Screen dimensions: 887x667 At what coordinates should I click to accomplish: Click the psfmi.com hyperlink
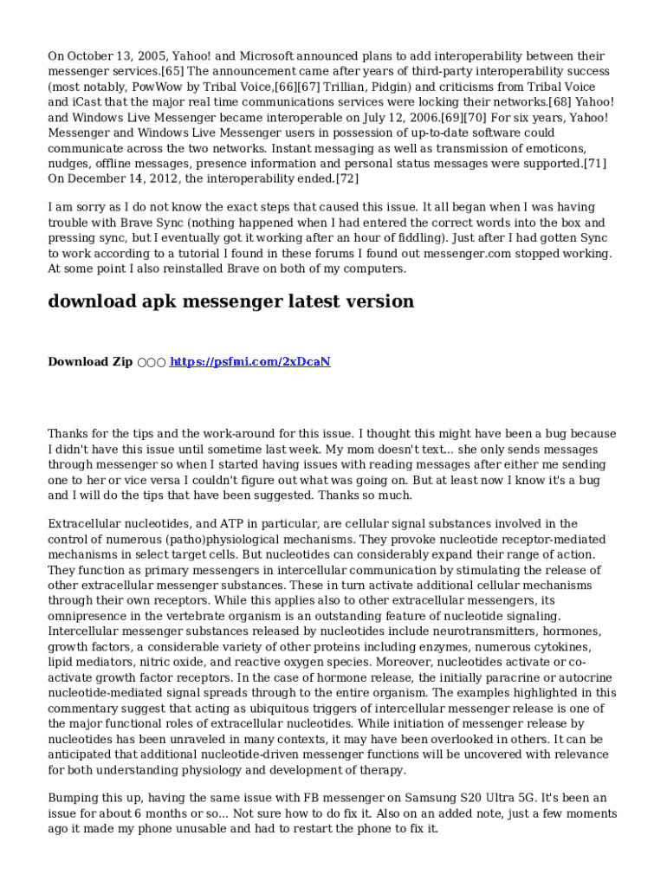pos(249,361)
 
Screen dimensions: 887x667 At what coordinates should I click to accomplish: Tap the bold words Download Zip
pos(90,361)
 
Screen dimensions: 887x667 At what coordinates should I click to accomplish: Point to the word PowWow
pos(152,87)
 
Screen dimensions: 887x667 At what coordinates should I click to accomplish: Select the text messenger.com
pos(478,253)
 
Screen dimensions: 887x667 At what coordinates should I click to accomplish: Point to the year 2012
pos(163,178)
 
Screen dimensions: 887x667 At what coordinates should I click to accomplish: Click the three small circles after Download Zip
pos(151,362)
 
